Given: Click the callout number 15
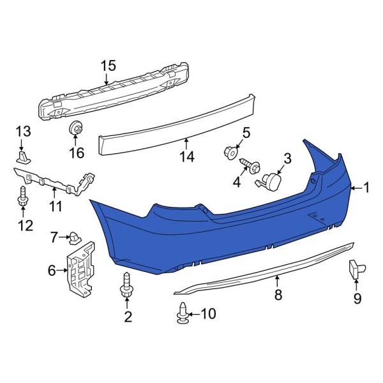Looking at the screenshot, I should (108, 66).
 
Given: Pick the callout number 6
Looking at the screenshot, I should (52, 271).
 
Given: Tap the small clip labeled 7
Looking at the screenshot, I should (73, 239).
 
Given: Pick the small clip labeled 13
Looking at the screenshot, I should (24, 157).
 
